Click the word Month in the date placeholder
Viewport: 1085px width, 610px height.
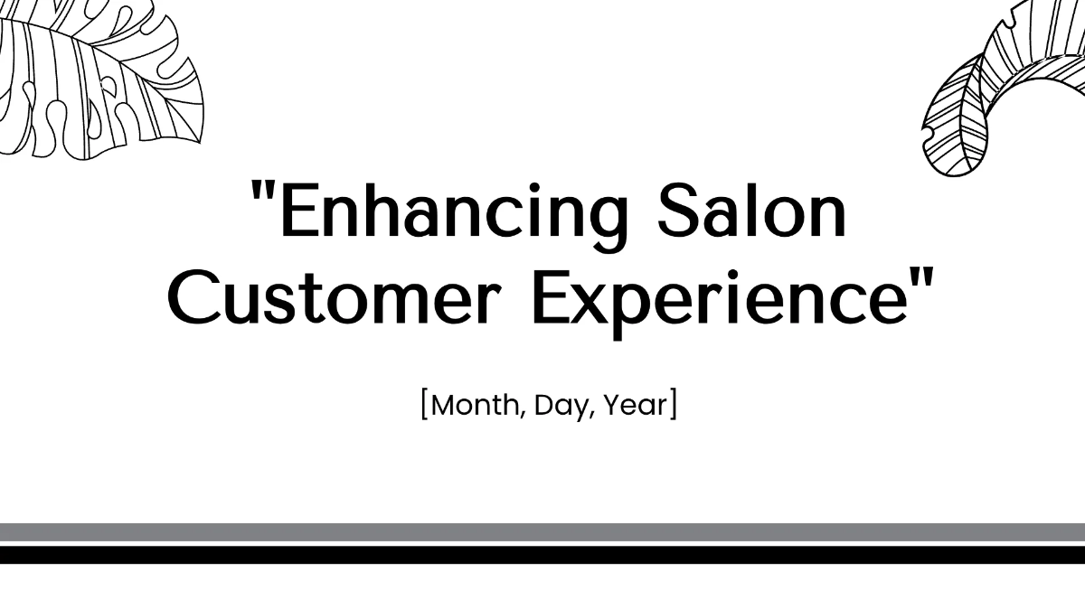(x=477, y=406)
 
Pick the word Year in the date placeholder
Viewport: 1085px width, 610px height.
(x=635, y=406)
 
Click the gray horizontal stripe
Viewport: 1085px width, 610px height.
(x=542, y=531)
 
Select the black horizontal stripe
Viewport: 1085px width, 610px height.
(x=542, y=554)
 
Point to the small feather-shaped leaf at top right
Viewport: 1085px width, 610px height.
(x=954, y=117)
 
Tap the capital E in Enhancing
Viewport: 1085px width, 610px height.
(x=297, y=212)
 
